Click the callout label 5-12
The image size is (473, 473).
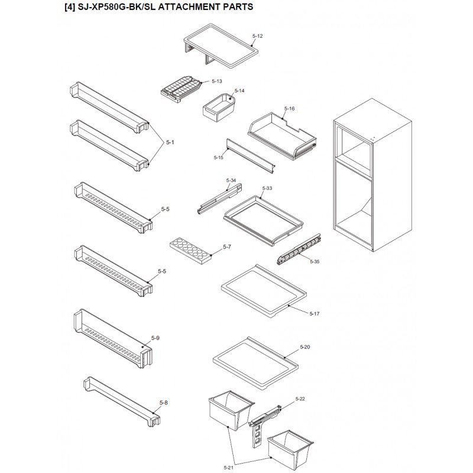(257, 37)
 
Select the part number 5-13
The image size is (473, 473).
(217, 81)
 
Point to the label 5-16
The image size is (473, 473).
(289, 109)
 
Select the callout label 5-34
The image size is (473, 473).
(231, 180)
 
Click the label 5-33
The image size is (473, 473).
(267, 188)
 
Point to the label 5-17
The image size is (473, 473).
(314, 313)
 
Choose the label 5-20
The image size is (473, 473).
(305, 346)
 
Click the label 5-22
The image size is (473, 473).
(300, 399)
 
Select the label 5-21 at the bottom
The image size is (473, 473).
(229, 468)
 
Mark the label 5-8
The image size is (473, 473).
(163, 403)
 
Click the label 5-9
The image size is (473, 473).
(155, 338)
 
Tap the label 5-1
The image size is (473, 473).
(171, 142)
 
